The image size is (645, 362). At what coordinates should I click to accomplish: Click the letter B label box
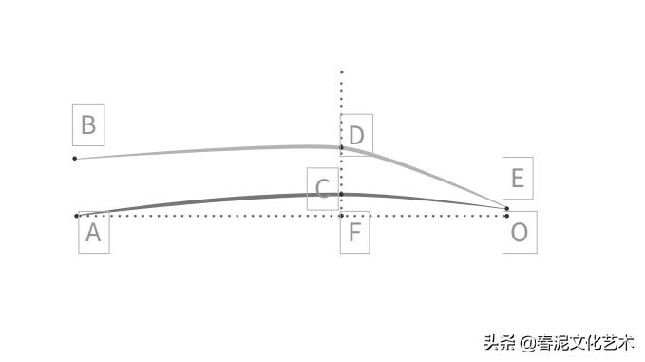point(88,125)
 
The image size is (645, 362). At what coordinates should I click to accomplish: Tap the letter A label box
point(93,233)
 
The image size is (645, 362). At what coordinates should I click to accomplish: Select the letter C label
point(323,188)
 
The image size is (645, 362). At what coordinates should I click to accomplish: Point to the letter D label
point(356,135)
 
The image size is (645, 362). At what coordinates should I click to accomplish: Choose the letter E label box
point(518,179)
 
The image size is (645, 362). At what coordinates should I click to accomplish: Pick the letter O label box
point(520,233)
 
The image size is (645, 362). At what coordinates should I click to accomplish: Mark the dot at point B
point(75,158)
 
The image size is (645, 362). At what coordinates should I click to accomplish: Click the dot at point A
point(77,216)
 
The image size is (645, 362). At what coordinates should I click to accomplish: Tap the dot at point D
point(342,147)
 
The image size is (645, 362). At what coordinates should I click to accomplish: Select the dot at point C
point(342,194)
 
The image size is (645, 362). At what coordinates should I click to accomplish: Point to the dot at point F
point(342,216)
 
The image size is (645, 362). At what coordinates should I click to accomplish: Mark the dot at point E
point(506,208)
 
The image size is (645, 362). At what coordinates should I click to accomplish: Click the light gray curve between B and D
point(209,150)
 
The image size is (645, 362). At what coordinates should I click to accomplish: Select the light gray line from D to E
point(427,179)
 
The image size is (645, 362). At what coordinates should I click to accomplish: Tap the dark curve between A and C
point(209,200)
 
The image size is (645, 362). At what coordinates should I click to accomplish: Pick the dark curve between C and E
point(427,199)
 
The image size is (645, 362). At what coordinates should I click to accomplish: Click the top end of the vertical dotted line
point(342,71)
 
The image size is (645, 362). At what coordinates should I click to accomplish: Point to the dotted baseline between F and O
point(427,216)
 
